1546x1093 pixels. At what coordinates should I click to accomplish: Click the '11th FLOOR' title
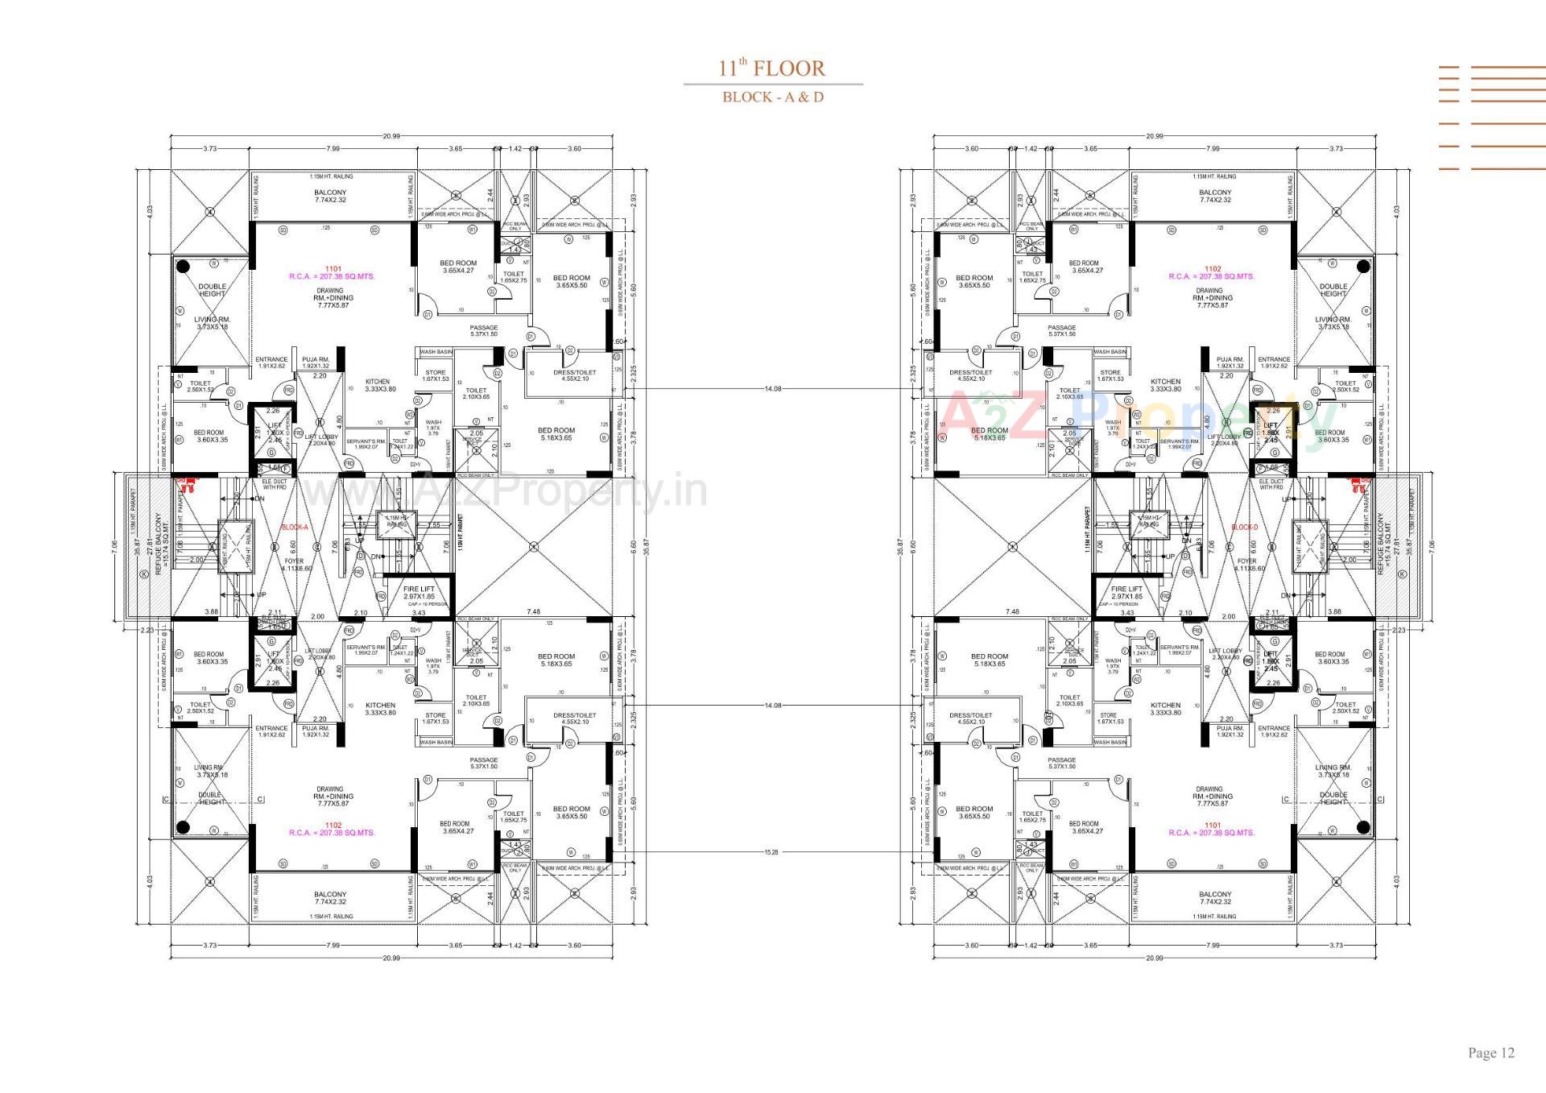click(x=772, y=68)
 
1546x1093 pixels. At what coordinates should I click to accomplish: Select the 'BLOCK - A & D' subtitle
click(x=772, y=97)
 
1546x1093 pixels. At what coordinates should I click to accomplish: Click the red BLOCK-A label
click(x=293, y=528)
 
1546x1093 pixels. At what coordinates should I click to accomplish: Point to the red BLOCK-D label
click(x=1244, y=528)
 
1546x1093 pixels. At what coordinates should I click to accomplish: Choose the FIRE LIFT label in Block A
click(x=418, y=590)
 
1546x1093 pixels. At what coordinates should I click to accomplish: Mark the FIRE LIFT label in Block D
click(x=1126, y=590)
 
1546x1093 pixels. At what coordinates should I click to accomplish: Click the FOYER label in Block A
click(x=293, y=561)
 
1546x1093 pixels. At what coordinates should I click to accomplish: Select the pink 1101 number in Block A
click(x=333, y=269)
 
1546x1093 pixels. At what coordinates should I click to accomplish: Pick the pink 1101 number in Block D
click(x=1212, y=825)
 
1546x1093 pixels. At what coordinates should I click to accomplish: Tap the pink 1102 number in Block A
click(x=333, y=825)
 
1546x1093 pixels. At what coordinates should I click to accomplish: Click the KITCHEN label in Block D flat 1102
click(x=1164, y=382)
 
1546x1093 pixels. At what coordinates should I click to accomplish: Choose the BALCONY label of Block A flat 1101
click(x=330, y=193)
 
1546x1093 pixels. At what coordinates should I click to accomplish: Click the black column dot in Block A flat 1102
click(x=183, y=826)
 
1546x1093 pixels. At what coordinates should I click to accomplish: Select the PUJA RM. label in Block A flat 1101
click(x=316, y=359)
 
